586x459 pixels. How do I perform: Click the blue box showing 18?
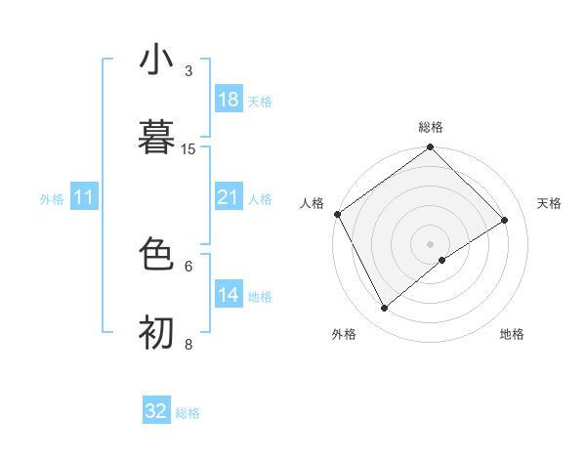point(229,100)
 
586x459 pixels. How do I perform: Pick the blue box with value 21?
point(229,197)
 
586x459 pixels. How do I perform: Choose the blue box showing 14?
point(229,295)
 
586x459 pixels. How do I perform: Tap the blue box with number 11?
point(84,198)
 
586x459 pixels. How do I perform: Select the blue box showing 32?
point(156,411)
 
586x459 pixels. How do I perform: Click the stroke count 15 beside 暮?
point(188,148)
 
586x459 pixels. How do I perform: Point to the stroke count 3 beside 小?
point(188,70)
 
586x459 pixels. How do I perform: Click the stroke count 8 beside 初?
point(188,344)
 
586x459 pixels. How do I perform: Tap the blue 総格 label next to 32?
point(188,413)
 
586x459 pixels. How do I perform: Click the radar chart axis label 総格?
point(431,127)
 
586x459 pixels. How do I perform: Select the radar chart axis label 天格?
point(550,203)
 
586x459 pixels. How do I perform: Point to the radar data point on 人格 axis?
point(337,214)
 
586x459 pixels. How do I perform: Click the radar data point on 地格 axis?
point(442,260)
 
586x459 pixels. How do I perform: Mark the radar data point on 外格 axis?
point(384,309)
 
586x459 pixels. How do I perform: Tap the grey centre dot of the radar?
point(431,243)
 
